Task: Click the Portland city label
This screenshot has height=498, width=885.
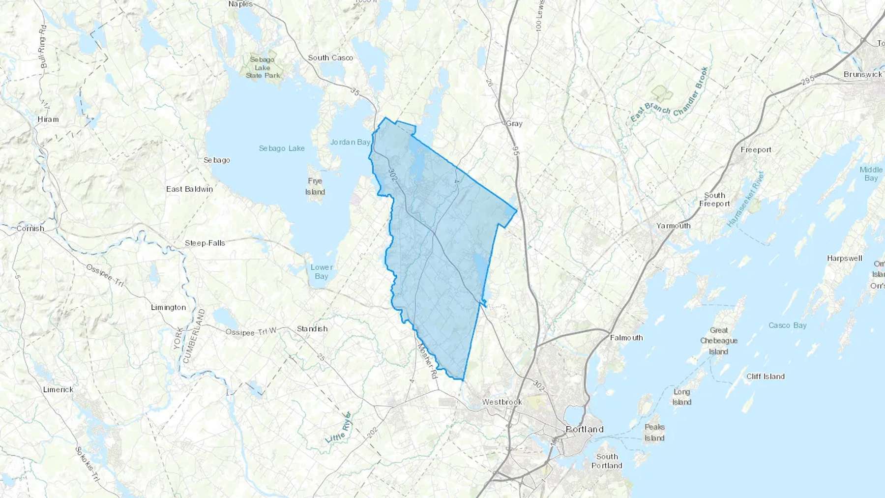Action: [x=585, y=429]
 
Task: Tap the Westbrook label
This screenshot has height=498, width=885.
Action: [x=501, y=402]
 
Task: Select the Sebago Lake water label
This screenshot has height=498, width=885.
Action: [x=282, y=148]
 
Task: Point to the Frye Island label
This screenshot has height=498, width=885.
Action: [x=315, y=186]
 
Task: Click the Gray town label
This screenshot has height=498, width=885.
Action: [x=514, y=124]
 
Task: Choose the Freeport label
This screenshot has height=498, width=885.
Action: [x=756, y=150]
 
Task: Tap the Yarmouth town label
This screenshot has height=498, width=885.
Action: [x=673, y=226]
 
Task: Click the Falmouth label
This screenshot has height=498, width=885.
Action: [x=626, y=338]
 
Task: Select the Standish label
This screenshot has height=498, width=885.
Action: [x=312, y=329]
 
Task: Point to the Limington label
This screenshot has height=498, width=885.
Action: [x=168, y=308]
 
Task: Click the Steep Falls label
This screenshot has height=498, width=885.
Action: [x=205, y=243]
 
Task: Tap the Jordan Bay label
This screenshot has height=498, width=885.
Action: [x=350, y=142]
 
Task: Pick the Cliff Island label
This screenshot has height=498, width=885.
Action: [x=765, y=377]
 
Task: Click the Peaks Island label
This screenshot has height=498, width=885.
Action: [x=654, y=433]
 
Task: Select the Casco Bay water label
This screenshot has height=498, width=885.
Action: [x=787, y=325]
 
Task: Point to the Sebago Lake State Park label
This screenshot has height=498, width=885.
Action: [x=263, y=67]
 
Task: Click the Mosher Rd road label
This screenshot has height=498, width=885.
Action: [x=427, y=361]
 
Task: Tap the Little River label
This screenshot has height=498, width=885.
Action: [x=339, y=428]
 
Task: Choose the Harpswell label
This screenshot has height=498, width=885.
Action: [x=844, y=259]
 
